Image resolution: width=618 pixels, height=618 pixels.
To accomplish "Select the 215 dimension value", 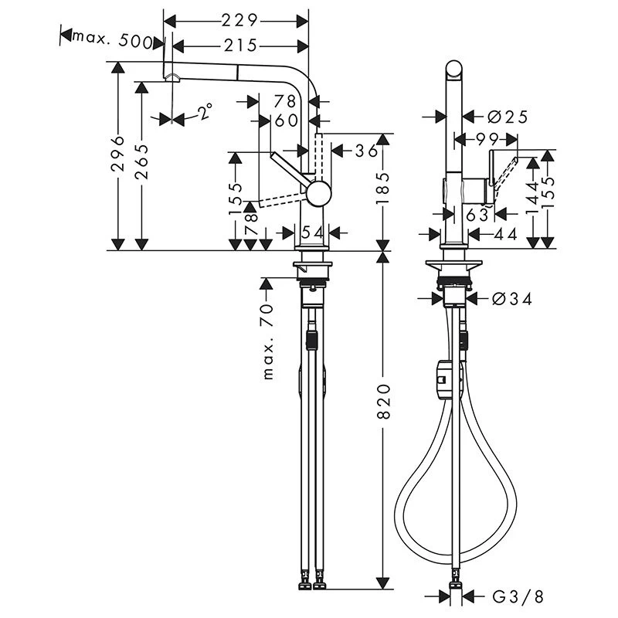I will click(x=236, y=45).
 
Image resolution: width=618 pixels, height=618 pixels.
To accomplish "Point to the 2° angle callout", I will click(x=202, y=113).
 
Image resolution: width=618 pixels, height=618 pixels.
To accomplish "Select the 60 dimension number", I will click(x=285, y=121).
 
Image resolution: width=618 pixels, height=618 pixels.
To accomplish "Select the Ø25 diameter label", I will click(x=508, y=117).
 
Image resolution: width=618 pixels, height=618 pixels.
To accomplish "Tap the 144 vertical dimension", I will click(x=531, y=199).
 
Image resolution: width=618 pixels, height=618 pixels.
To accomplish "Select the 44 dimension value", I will click(x=504, y=233).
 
